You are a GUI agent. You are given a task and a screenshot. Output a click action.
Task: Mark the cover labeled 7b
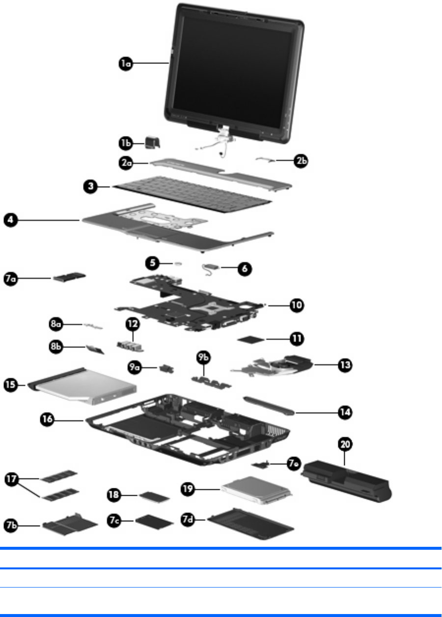66,521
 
